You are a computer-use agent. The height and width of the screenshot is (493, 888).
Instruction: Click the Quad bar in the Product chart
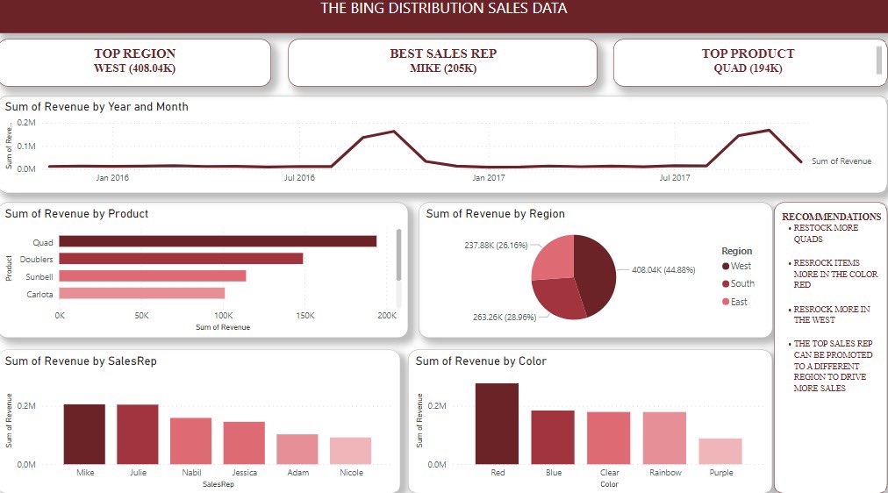click(218, 241)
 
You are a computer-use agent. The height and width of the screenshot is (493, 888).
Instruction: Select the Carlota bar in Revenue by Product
click(142, 294)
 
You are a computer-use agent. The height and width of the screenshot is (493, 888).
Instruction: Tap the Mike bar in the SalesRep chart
click(84, 434)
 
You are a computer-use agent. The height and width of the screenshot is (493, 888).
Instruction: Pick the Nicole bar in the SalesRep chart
click(350, 451)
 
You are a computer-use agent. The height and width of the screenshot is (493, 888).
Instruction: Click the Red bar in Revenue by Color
click(497, 424)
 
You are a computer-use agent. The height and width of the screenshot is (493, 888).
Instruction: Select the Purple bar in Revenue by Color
click(720, 451)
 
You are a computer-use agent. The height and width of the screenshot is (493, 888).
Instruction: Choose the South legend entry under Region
click(742, 283)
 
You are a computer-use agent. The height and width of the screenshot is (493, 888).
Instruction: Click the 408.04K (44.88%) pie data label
click(663, 270)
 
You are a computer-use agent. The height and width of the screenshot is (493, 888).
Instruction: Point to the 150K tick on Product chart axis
click(304, 315)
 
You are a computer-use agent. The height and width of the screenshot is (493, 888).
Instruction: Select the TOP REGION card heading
click(134, 54)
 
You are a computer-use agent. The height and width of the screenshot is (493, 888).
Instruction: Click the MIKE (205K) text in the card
click(442, 68)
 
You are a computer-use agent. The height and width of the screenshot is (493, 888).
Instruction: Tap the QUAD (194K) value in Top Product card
click(748, 68)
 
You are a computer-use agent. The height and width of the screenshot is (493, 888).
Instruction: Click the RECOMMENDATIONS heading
click(831, 217)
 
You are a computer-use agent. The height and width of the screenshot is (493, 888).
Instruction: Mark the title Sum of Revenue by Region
click(495, 214)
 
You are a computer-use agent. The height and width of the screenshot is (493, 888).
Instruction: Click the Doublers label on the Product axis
click(36, 259)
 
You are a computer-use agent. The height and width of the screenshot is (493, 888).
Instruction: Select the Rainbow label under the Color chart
click(664, 473)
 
